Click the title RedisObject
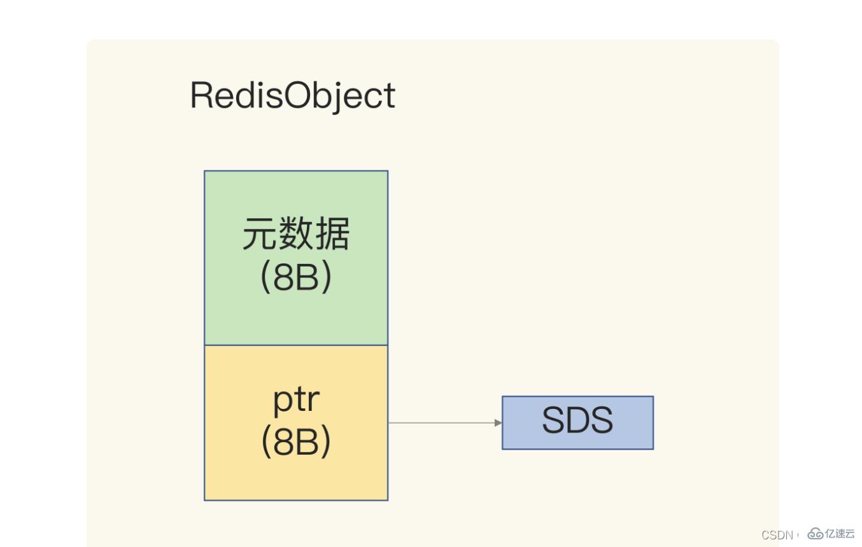(292, 96)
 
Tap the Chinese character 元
(260, 234)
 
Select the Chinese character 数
(296, 234)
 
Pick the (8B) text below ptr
(296, 441)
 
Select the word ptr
(296, 399)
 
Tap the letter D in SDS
(578, 421)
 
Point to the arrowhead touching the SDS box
(498, 422)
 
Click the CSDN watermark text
(777, 535)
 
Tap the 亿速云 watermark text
(840, 534)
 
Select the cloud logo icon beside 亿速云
(816, 534)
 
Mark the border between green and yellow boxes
(296, 345)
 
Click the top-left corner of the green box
(204, 171)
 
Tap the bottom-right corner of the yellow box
(388, 500)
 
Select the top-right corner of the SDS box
(653, 397)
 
